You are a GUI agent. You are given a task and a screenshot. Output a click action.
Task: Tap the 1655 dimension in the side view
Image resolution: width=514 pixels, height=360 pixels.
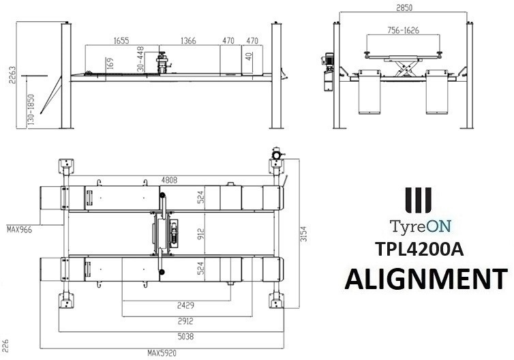[120, 41]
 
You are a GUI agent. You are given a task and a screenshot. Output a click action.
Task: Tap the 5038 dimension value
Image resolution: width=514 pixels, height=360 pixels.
[170, 336]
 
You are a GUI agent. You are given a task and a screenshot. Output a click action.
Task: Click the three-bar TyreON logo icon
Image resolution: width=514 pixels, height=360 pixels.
[417, 201]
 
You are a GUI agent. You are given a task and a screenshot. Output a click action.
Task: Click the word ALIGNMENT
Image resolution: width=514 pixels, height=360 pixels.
[425, 280]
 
